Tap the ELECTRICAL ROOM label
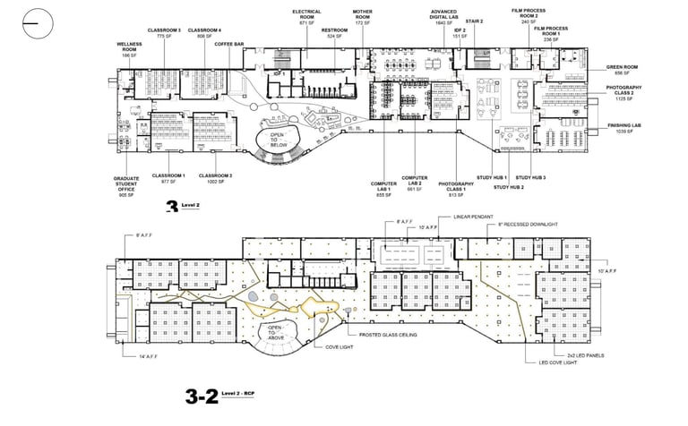pyautogui.click(x=306, y=17)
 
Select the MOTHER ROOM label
pyautogui.click(x=361, y=17)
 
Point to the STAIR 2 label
pyautogui.click(x=474, y=21)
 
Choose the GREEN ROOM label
pyautogui.click(x=620, y=67)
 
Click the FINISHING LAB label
pyautogui.click(x=620, y=126)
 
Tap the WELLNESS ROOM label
pyautogui.click(x=128, y=47)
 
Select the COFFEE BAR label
pyautogui.click(x=229, y=43)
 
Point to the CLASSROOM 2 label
pyautogui.click(x=215, y=175)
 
